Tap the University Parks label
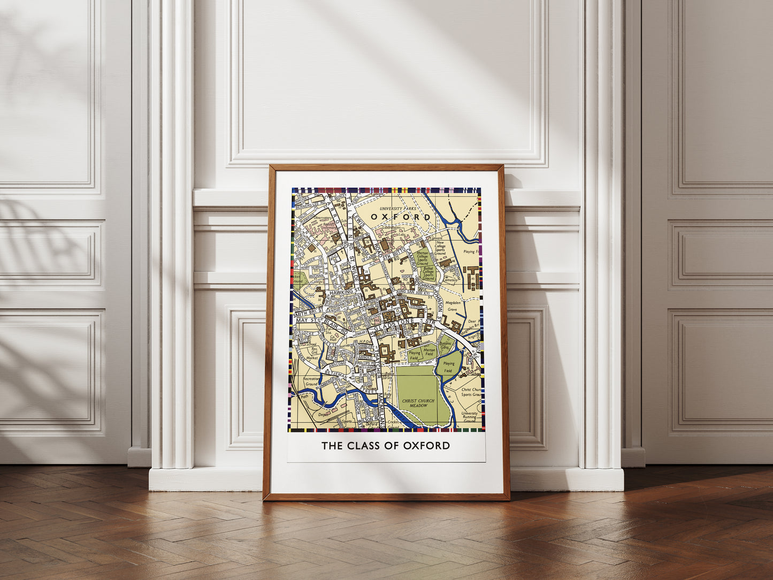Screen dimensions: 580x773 point(397,208)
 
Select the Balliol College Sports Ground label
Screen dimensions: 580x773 point(428,273)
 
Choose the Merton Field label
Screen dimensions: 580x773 point(429,352)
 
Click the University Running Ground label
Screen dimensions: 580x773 point(469,417)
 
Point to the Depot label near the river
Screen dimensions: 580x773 point(323,414)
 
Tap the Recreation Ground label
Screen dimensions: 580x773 point(311,381)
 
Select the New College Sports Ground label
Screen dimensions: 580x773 point(440,246)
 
